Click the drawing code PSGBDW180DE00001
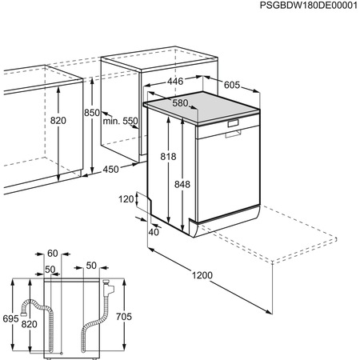pyautogui.click(x=297, y=6)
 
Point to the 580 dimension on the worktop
pyautogui.click(x=180, y=103)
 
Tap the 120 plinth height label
pyautogui.click(x=127, y=200)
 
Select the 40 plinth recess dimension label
pyautogui.click(x=153, y=232)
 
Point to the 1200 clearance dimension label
pyautogui.click(x=203, y=276)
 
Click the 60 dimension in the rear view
pyautogui.click(x=53, y=252)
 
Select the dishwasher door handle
pyautogui.click(x=233, y=134)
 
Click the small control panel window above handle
pyautogui.click(x=234, y=123)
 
